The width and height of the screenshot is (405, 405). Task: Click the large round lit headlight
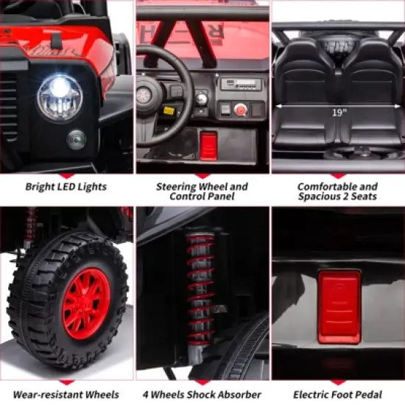(x=60, y=97)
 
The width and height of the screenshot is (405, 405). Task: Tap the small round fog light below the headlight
(x=76, y=140)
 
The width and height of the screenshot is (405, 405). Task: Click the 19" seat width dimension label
(x=339, y=113)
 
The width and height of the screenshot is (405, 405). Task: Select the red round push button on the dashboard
(x=241, y=110)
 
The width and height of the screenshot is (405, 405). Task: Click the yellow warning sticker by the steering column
(x=169, y=110)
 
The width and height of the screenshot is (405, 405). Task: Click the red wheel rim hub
(x=87, y=303)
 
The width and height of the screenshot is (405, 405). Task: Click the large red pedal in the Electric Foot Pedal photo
(x=339, y=306)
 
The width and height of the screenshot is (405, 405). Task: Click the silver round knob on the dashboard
(x=201, y=99)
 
